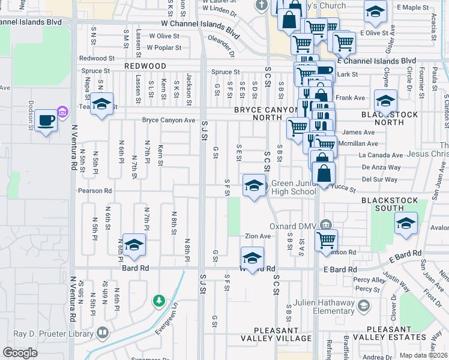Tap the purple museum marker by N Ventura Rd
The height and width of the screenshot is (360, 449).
[61, 111]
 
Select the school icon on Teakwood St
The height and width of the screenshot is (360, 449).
[102, 104]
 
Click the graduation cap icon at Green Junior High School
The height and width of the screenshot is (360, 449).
[254, 186]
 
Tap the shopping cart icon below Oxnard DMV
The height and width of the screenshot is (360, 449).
[326, 240]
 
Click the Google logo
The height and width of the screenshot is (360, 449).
[20, 352]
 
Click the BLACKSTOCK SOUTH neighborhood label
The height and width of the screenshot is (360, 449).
[382, 203]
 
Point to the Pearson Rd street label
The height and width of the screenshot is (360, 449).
[95, 191]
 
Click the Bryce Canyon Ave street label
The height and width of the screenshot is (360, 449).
[169, 120]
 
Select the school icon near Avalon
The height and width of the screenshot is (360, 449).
[406, 224]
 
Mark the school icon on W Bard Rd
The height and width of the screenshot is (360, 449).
[253, 258]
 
